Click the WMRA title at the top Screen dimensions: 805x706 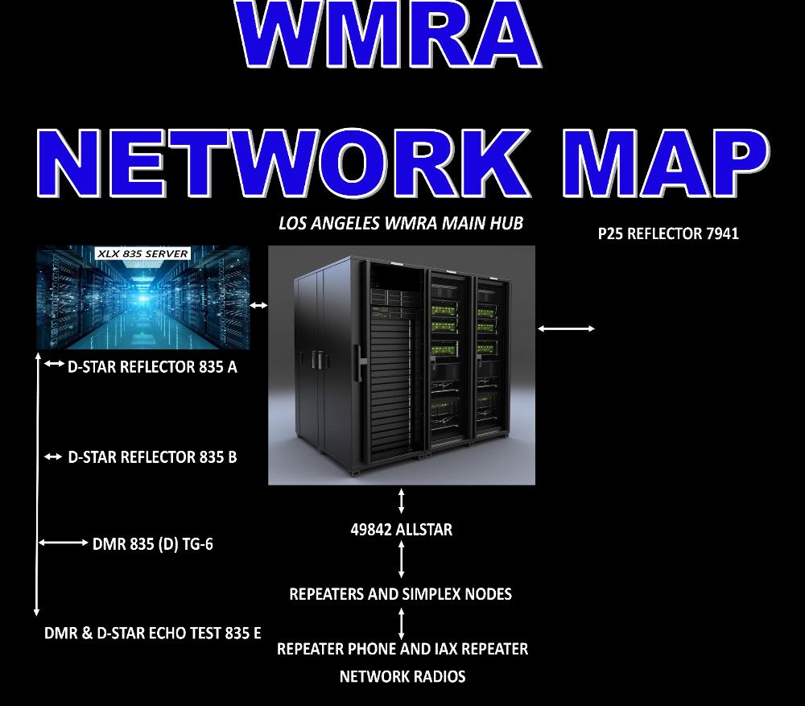(x=388, y=33)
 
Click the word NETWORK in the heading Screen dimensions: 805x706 (x=283, y=163)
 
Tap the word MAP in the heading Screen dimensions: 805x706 (x=666, y=163)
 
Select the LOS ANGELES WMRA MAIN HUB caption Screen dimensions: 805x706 (x=401, y=223)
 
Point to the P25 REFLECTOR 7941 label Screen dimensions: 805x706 (x=668, y=233)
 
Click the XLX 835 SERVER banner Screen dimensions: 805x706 (x=142, y=254)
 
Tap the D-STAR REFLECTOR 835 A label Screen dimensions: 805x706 (x=152, y=366)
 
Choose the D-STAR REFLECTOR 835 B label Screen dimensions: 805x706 (x=152, y=457)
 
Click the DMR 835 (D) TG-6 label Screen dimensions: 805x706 (x=152, y=543)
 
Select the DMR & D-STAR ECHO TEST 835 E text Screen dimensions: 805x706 (x=152, y=633)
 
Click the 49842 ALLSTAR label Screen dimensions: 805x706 (x=402, y=530)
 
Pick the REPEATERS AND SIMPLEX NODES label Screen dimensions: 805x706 (x=400, y=594)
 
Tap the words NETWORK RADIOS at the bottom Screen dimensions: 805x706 (x=402, y=677)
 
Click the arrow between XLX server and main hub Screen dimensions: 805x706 (x=258, y=306)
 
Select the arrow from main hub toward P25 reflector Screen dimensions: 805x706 (x=566, y=328)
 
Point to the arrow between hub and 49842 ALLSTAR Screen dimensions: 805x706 (x=402, y=501)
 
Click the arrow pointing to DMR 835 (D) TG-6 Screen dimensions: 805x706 (x=63, y=543)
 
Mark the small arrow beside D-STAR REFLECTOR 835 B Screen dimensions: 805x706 (x=53, y=456)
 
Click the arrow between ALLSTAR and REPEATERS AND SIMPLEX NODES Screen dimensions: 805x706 (x=402, y=559)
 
